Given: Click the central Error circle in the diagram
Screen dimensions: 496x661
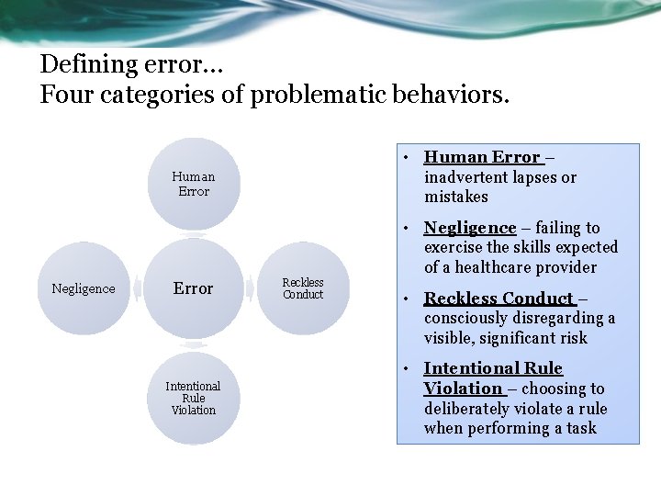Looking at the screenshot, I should point(193,288).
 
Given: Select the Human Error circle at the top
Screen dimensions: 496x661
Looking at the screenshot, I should point(193,184).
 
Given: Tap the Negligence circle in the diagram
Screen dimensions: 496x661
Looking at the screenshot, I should point(84,288).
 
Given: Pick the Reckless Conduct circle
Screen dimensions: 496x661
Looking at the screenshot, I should point(302,288).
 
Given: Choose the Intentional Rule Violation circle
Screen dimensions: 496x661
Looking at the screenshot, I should point(193,398).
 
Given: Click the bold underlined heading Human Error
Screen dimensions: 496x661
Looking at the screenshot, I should point(482,157).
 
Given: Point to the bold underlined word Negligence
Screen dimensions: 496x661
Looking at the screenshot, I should point(469,228).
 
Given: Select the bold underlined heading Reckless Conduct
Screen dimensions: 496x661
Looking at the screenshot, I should point(499,299).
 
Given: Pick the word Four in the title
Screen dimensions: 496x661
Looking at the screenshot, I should point(61,95).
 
